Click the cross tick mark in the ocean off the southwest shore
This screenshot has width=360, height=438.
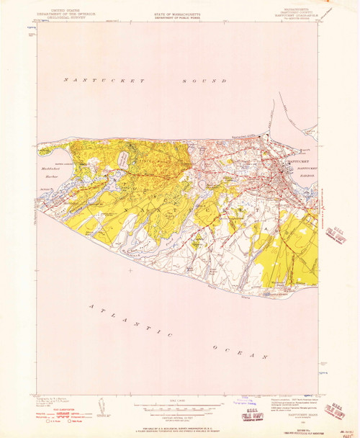[x=130, y=270]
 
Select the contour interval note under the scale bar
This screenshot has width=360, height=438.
[x=180, y=418]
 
